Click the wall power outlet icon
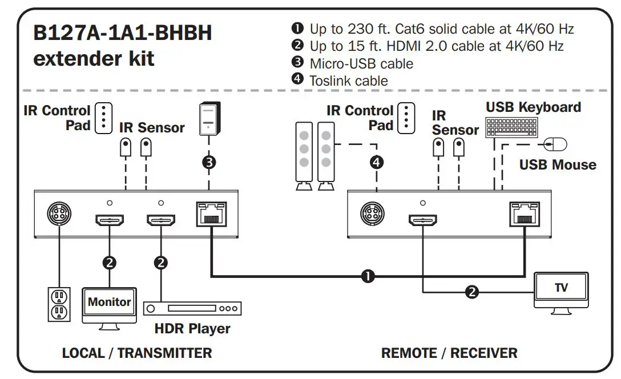pos(58,304)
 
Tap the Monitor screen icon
pos(109,303)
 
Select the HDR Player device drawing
pos(192,309)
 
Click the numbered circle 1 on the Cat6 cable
pos(368,277)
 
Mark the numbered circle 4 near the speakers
pos(376,162)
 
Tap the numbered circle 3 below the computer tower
pos(209,162)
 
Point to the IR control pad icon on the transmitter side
pos(103,118)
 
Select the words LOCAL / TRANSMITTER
pos(137,353)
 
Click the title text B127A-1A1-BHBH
pos(123,34)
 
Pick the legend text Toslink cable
pos(348,80)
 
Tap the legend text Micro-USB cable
pos(361,63)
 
